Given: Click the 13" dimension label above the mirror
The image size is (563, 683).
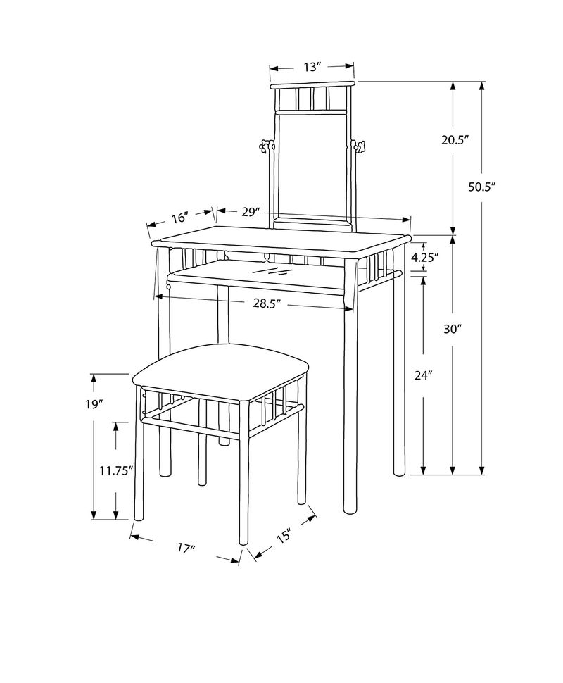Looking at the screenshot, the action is coord(312,67).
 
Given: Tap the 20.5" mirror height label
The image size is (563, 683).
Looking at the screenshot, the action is coord(454,140).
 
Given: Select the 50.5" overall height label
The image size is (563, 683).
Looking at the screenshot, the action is coord(482,187).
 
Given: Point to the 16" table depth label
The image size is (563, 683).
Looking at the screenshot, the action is coord(179,218).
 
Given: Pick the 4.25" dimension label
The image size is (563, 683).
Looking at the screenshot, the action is coord(424,258).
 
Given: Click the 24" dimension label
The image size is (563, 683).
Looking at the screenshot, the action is coord(422,375).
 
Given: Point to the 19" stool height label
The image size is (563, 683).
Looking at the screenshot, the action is coord(93,404).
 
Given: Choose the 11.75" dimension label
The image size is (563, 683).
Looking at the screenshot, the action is coord(115,471).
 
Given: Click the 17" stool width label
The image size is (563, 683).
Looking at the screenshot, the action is coord(186,548).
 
